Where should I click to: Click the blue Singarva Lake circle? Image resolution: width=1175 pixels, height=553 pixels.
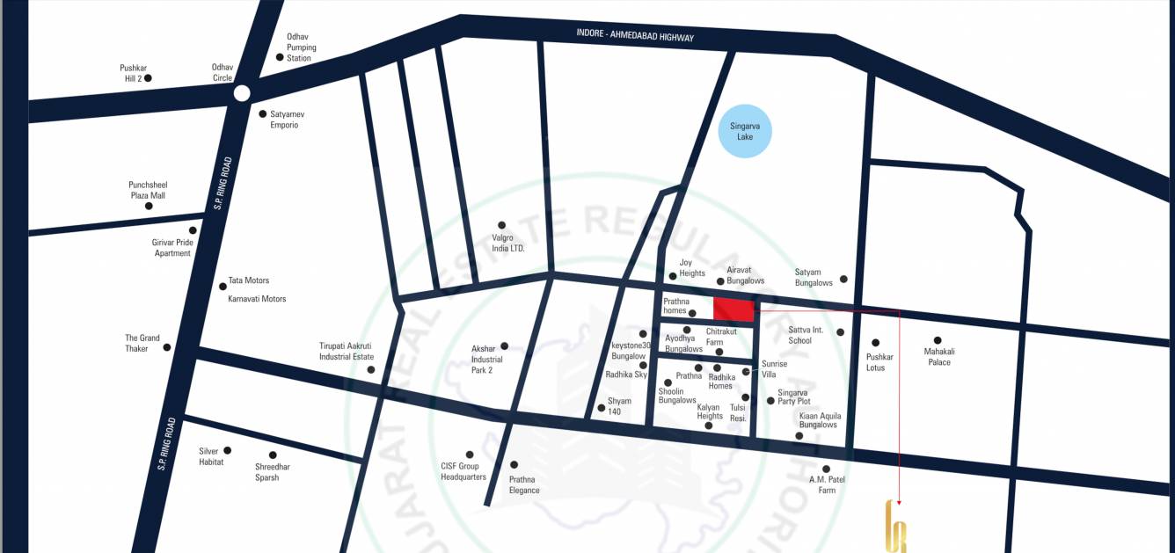click(x=751, y=132)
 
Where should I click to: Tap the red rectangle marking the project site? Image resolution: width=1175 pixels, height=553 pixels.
click(x=733, y=309)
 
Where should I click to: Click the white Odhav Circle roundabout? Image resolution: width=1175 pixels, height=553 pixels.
click(x=242, y=92)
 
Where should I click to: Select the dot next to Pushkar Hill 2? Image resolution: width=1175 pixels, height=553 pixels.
click(x=148, y=78)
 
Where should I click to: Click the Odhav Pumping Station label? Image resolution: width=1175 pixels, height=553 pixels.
click(x=301, y=47)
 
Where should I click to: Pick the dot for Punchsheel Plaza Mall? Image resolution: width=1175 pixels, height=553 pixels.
click(x=149, y=206)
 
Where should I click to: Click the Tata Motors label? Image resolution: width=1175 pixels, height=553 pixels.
click(x=249, y=280)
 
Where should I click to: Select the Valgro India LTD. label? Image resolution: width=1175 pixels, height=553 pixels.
click(x=508, y=243)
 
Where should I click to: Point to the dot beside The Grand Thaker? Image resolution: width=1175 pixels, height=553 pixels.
click(x=167, y=347)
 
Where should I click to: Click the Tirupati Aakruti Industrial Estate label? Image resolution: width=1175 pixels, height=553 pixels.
click(x=347, y=351)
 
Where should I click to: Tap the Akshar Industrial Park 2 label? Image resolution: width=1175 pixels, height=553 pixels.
click(x=486, y=359)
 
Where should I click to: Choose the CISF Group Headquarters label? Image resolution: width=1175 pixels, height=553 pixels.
click(x=463, y=471)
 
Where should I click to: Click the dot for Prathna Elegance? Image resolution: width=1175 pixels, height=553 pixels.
click(x=515, y=465)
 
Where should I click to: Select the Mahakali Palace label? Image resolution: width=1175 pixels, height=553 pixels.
click(x=939, y=357)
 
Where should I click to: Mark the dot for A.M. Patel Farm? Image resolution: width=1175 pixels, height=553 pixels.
click(x=826, y=469)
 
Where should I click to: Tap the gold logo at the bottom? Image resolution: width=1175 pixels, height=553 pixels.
click(x=895, y=527)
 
